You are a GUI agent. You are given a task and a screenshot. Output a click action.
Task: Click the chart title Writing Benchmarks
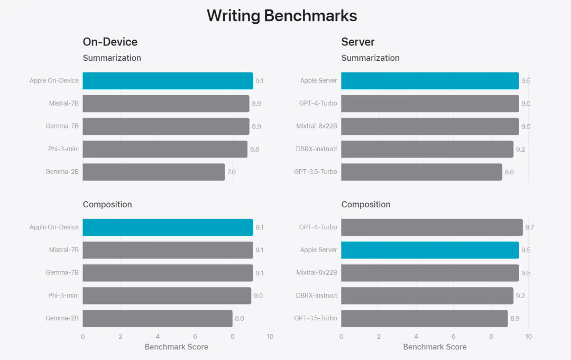click(x=281, y=16)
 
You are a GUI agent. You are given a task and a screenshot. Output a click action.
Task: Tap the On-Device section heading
click(x=110, y=42)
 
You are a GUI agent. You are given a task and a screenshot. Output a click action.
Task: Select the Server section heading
click(x=357, y=42)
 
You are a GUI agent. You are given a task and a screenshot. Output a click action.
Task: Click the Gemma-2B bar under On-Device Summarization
click(x=153, y=172)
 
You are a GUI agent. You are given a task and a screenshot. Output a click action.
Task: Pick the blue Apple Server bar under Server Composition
click(x=430, y=250)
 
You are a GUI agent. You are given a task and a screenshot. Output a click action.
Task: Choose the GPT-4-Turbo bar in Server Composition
click(x=431, y=227)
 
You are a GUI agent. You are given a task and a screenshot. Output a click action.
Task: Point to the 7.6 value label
click(x=231, y=172)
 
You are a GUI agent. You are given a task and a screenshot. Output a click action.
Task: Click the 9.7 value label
click(x=529, y=227)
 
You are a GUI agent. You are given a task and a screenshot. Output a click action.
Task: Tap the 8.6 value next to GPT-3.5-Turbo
click(x=509, y=172)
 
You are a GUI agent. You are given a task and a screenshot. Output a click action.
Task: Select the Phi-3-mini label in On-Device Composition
click(x=63, y=296)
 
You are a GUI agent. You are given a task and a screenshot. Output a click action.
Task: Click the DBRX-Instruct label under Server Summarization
click(x=316, y=149)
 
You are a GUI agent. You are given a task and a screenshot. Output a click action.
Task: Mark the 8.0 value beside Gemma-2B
click(x=239, y=319)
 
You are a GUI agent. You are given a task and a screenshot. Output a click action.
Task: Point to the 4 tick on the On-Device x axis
click(x=158, y=336)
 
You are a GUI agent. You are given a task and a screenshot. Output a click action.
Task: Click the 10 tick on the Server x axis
click(x=528, y=336)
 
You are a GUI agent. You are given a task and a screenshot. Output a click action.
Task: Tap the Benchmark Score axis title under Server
click(x=435, y=347)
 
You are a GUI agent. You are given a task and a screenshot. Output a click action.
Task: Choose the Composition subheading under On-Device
click(x=107, y=205)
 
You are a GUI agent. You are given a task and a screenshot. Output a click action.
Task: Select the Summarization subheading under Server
click(x=370, y=58)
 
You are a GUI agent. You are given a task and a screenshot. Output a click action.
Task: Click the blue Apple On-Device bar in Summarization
click(x=168, y=81)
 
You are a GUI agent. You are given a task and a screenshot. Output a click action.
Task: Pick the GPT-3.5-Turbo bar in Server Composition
click(x=424, y=318)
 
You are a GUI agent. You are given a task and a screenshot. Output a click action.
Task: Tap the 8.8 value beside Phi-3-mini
click(x=254, y=150)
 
